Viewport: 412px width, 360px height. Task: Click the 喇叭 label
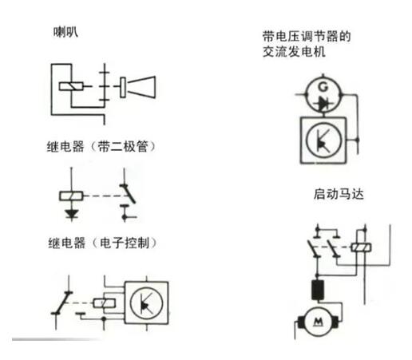pyautogui.click(x=65, y=33)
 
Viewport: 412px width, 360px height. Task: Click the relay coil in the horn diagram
pyautogui.click(x=71, y=86)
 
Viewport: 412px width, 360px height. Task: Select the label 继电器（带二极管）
pyautogui.click(x=101, y=147)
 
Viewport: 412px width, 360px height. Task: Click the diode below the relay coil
pyautogui.click(x=71, y=213)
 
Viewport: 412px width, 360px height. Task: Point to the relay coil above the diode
pyautogui.click(x=71, y=196)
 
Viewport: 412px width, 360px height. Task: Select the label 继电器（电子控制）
pyautogui.click(x=102, y=243)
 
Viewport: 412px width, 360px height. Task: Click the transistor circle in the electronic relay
pyautogui.click(x=147, y=303)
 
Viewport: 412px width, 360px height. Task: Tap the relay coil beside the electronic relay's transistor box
pyautogui.click(x=104, y=303)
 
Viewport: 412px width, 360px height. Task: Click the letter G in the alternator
pyautogui.click(x=323, y=87)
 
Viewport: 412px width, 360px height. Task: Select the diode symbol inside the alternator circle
pyautogui.click(x=323, y=103)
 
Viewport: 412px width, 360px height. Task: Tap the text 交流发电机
pyautogui.click(x=294, y=51)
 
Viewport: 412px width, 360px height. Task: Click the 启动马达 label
pyautogui.click(x=339, y=194)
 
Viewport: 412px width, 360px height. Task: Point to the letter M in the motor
pyautogui.click(x=319, y=322)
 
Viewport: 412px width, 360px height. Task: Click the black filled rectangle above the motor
pyautogui.click(x=318, y=290)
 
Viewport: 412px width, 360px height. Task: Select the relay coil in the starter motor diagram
pyautogui.click(x=361, y=247)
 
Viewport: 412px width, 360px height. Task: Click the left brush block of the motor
pyautogui.click(x=302, y=322)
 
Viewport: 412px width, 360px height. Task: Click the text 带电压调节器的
pyautogui.click(x=307, y=37)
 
